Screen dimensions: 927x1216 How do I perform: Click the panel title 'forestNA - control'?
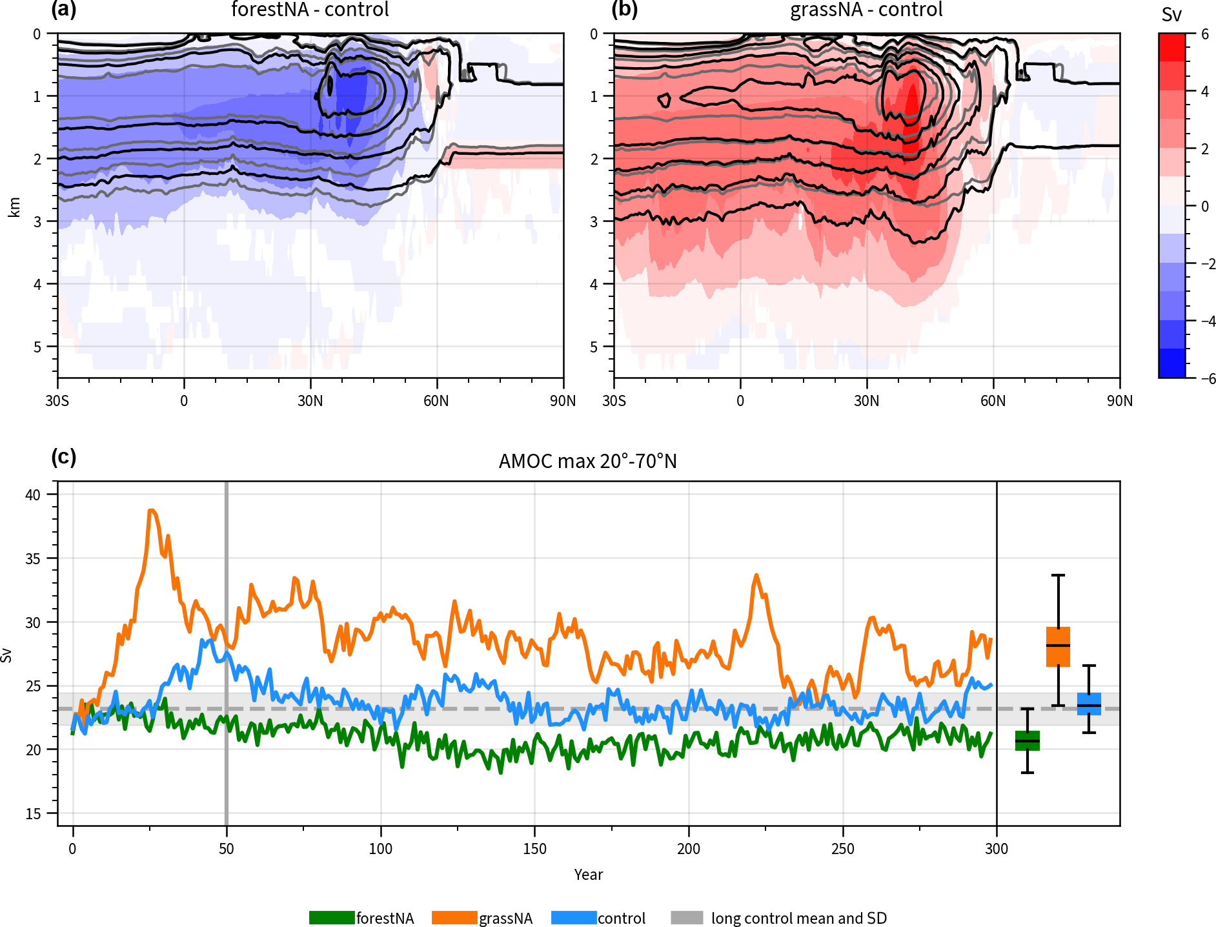coord(310,10)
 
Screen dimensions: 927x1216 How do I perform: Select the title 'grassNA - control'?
coord(866,10)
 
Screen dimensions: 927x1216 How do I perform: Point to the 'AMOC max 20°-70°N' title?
coord(587,462)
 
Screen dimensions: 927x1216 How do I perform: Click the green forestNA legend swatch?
coord(332,918)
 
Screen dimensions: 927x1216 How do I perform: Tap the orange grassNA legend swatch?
coord(454,918)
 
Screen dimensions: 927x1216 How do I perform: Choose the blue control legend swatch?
coord(574,918)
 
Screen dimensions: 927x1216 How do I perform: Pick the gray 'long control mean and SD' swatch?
coord(687,918)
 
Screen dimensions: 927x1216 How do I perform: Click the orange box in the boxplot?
coord(1058,646)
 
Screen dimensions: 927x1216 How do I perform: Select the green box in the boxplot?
coord(1028,740)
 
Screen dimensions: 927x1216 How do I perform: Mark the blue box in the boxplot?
coord(1089,704)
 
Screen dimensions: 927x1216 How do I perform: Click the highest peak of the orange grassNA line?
coord(151,510)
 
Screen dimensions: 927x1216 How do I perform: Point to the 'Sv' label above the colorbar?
coord(1171,15)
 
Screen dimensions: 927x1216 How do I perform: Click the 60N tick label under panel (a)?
coord(436,401)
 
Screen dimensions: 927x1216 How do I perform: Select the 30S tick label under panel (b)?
coord(614,401)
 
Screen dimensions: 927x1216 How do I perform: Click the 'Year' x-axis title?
coord(588,875)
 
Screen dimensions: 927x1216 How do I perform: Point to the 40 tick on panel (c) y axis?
coord(33,495)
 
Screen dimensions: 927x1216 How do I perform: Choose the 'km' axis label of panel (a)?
coord(15,207)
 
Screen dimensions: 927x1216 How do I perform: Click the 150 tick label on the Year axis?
coord(534,849)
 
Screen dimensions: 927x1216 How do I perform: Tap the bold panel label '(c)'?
coord(63,457)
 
